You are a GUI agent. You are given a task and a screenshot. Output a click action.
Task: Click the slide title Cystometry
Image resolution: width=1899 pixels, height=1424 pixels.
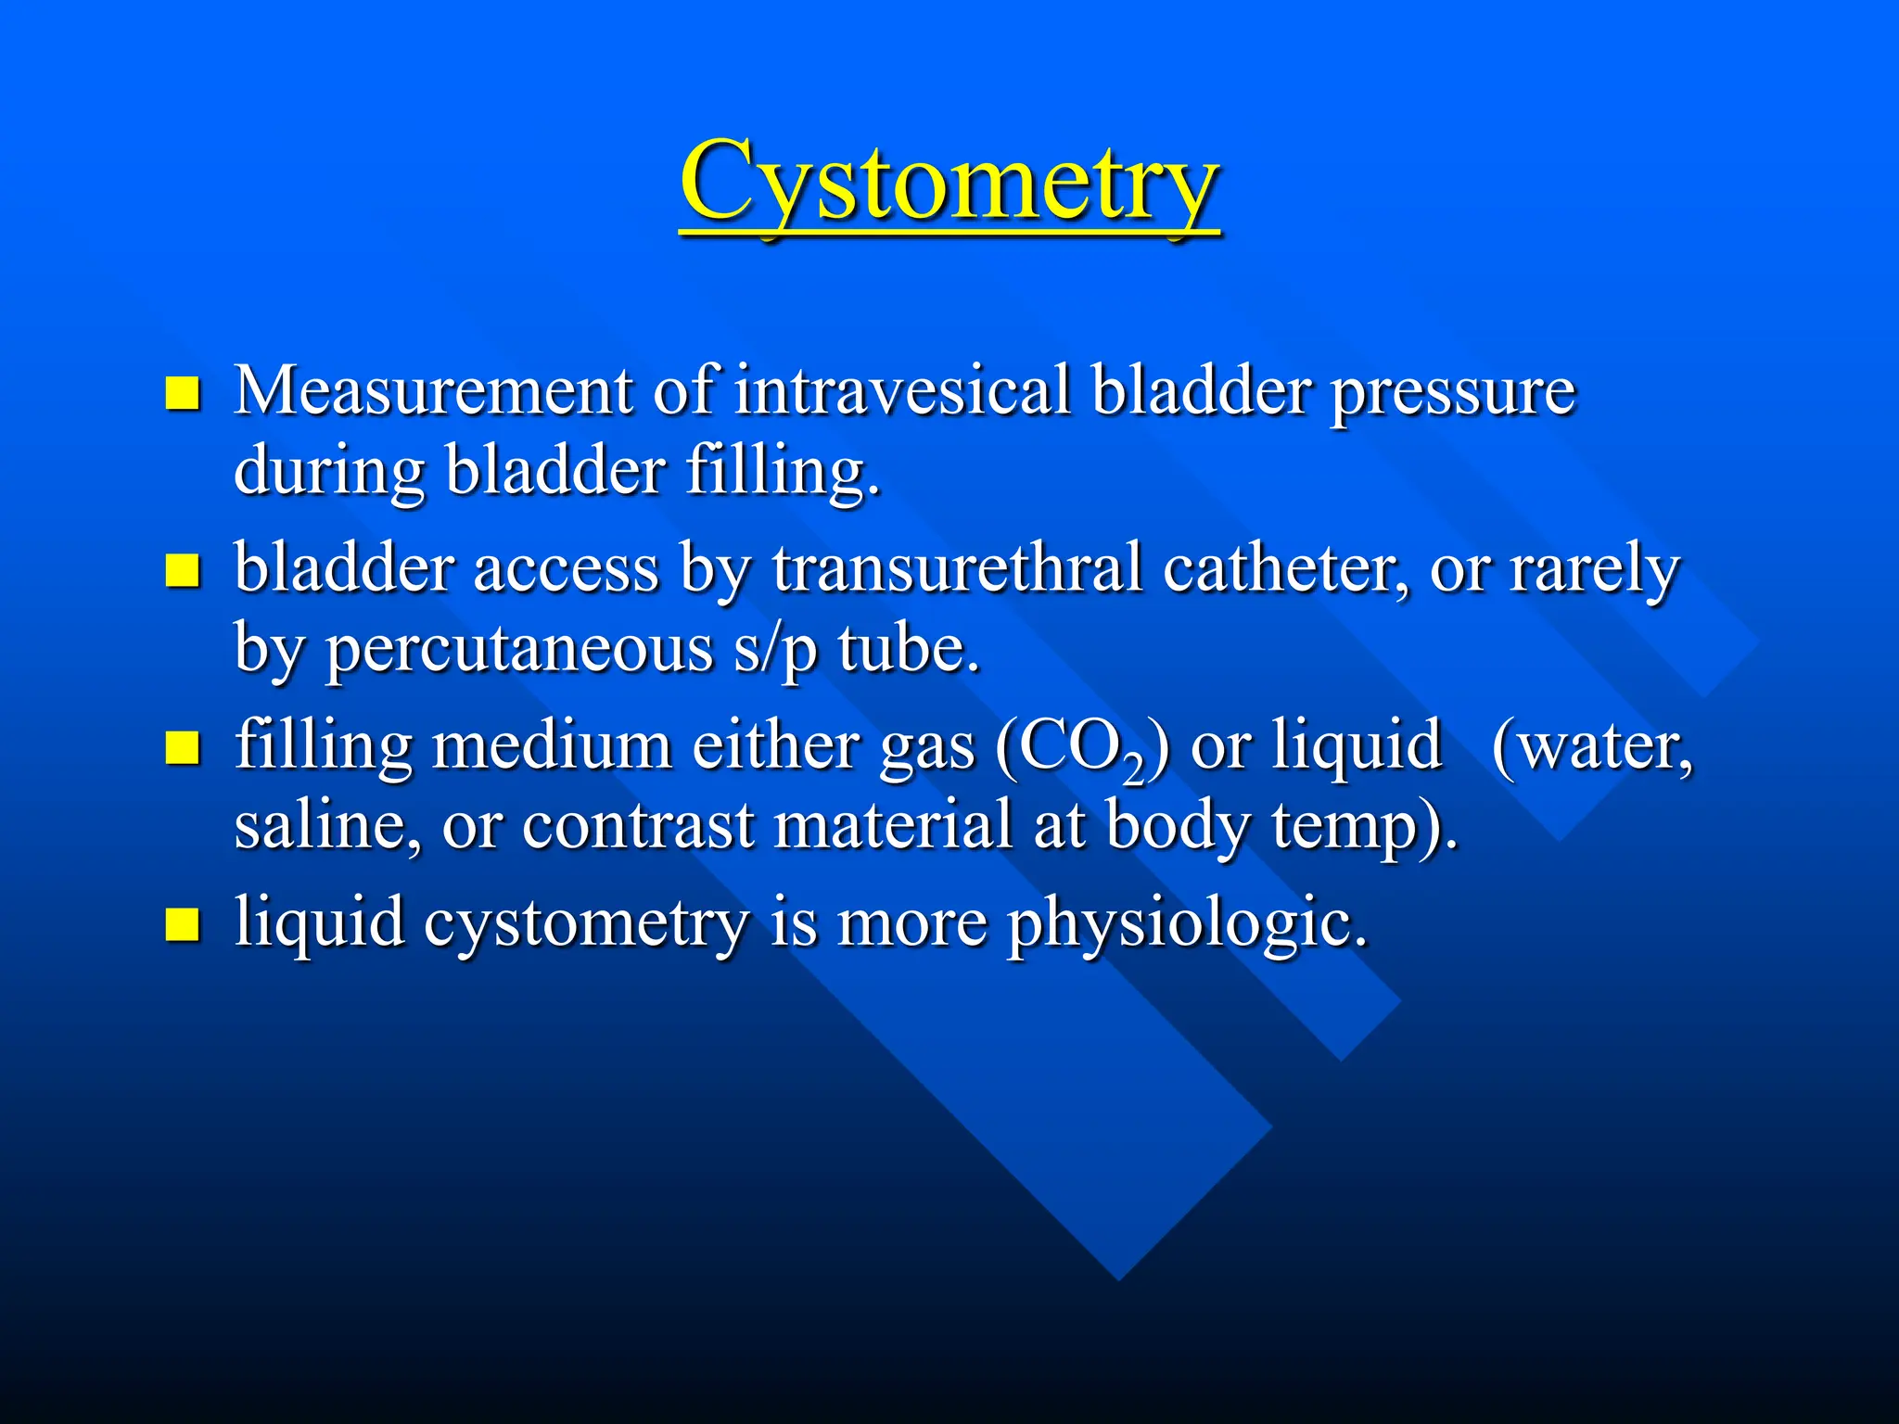click(949, 183)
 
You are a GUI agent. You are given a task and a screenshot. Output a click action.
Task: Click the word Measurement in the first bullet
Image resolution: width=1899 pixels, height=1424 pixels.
click(433, 390)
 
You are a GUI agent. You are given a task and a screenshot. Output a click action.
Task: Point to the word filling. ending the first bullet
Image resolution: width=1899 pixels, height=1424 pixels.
click(783, 471)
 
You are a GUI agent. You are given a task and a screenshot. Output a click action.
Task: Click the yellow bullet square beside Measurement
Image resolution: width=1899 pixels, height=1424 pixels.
click(183, 393)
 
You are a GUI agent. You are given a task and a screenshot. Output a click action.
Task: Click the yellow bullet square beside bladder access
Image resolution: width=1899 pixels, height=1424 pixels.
click(183, 571)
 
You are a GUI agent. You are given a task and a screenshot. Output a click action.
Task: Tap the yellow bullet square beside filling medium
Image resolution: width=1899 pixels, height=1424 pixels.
click(183, 747)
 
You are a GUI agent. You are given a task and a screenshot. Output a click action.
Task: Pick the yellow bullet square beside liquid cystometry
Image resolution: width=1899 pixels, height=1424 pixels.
click(183, 924)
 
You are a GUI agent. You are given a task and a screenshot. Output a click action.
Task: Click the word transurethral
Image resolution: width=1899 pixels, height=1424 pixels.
click(957, 568)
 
